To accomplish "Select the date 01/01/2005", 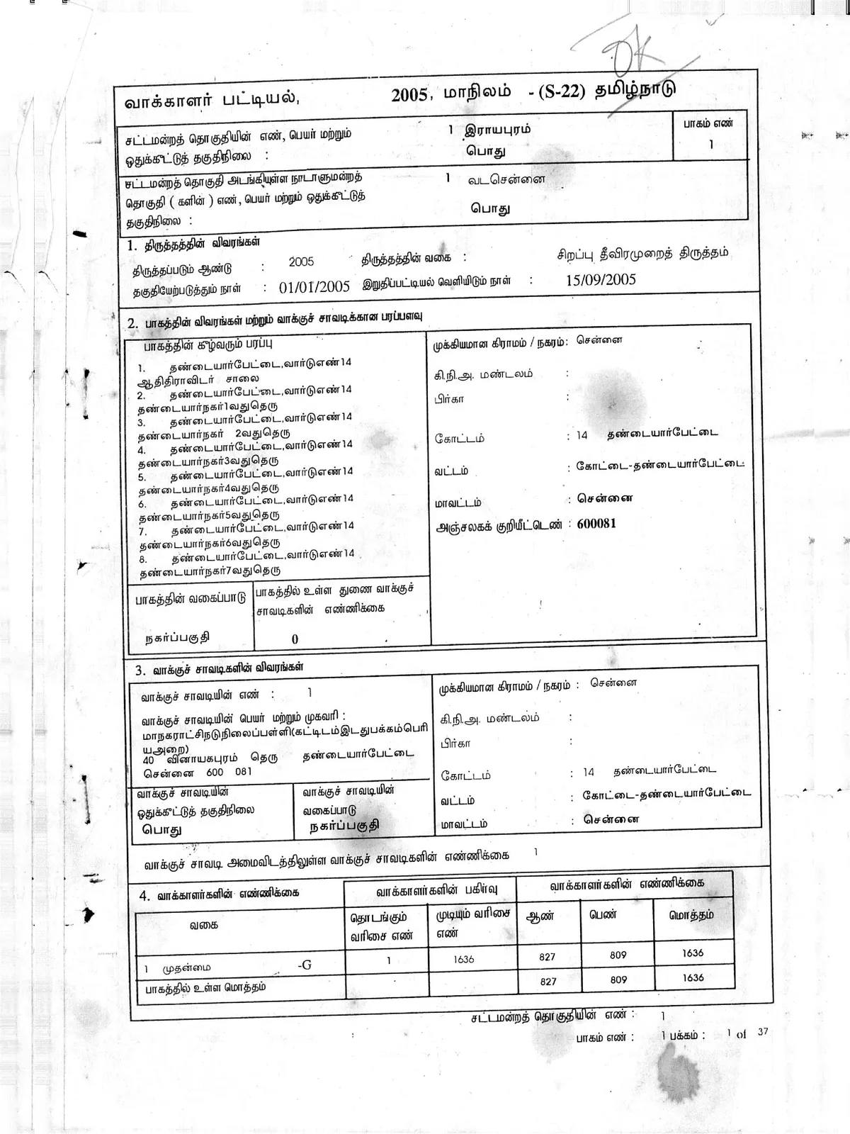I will click(314, 286).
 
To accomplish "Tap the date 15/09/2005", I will click(600, 279).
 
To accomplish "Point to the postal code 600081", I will click(596, 523).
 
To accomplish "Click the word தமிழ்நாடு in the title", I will click(635, 91).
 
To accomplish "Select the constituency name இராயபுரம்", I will click(497, 130).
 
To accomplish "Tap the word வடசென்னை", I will click(506, 179).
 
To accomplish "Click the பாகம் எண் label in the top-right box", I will click(708, 123).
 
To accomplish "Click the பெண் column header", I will click(603, 914).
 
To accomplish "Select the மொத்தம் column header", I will click(691, 914).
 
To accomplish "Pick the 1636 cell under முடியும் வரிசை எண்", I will click(464, 959).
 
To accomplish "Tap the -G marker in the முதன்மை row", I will click(305, 964).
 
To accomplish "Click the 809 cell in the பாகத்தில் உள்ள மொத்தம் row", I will click(618, 979).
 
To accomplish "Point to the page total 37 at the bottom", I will click(762, 1032).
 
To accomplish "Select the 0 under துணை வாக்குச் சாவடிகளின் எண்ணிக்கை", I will click(295, 639).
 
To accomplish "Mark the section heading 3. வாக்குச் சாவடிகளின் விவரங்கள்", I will click(220, 668).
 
